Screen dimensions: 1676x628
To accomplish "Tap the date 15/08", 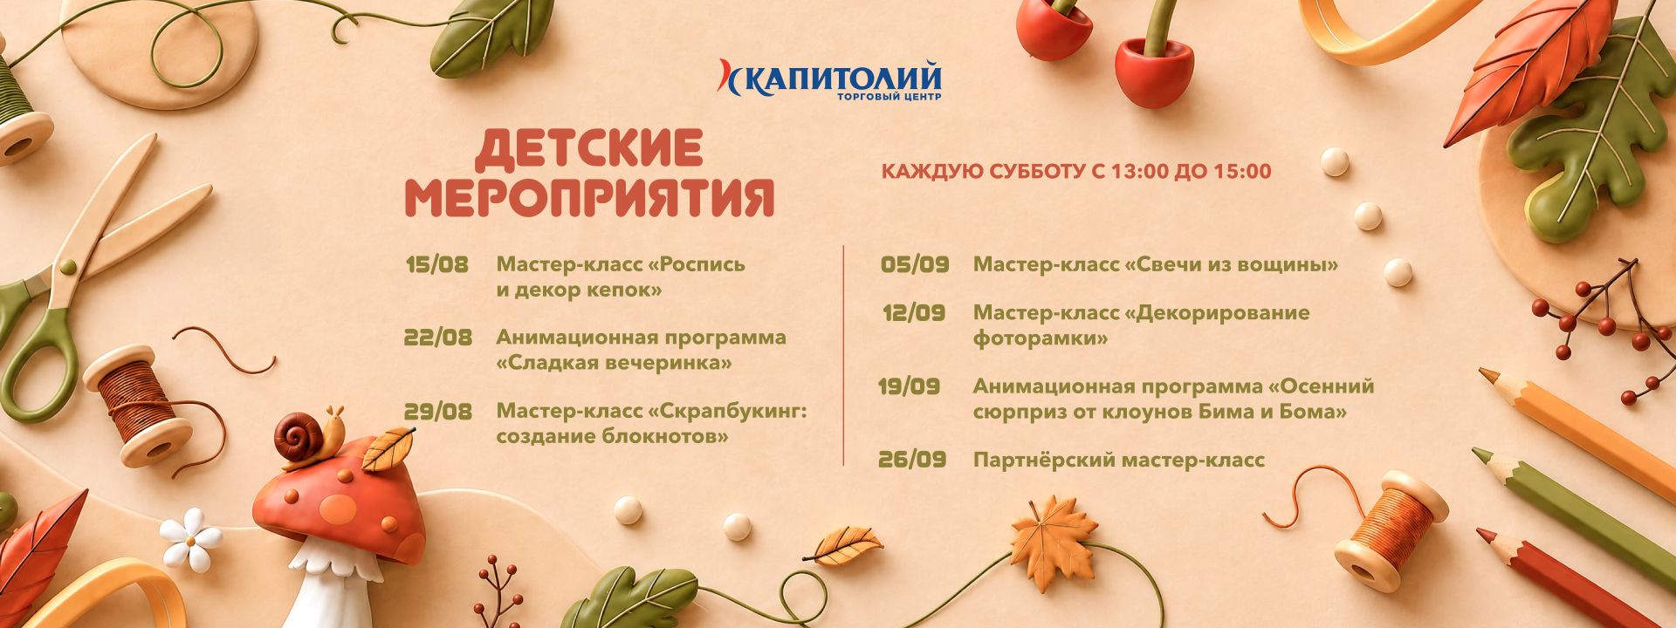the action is (436, 265).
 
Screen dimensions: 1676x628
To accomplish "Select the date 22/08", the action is (438, 338).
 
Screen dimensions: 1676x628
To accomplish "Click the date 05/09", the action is (915, 265).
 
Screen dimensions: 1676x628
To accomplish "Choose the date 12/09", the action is (914, 313).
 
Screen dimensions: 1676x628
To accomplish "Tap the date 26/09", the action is (913, 460).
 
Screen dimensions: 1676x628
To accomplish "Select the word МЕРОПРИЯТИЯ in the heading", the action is (590, 197).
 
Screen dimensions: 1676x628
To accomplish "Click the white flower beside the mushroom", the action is (191, 537).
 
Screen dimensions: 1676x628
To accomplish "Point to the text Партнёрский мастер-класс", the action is (1119, 461).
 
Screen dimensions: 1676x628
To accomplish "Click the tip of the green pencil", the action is (1474, 452).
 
